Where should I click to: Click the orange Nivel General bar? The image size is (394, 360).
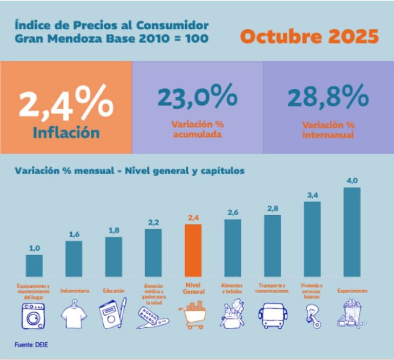click(193, 251)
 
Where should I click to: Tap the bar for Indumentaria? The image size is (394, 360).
click(74, 259)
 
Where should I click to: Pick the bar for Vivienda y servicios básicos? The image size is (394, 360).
click(312, 239)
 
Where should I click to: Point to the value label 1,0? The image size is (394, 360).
click(34, 249)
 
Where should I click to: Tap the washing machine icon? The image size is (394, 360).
click(33, 315)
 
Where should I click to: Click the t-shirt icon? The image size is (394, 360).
click(73, 315)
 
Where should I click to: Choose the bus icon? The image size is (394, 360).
click(272, 315)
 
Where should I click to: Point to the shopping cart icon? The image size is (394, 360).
click(193, 314)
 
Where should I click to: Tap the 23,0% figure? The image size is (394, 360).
click(198, 98)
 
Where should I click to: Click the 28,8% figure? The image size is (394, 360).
click(328, 98)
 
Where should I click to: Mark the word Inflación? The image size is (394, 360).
click(66, 132)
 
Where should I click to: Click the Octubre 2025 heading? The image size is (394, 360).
click(309, 36)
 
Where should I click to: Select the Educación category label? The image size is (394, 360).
click(113, 291)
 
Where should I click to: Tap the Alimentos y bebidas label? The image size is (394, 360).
click(233, 288)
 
